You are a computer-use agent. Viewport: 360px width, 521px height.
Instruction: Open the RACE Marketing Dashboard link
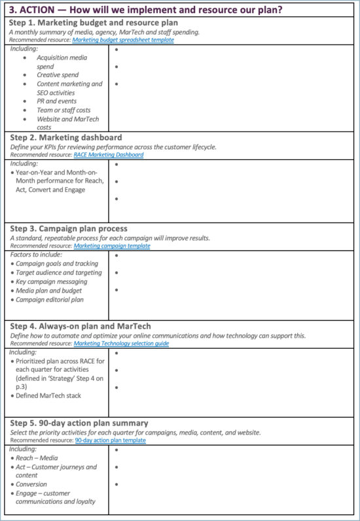(x=109, y=155)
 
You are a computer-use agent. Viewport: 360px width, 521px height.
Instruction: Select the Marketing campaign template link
(x=112, y=246)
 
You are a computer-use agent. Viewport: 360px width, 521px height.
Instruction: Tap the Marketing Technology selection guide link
(x=121, y=344)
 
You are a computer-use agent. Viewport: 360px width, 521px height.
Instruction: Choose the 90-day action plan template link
(x=110, y=440)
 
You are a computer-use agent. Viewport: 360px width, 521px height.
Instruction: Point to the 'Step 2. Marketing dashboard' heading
(x=65, y=138)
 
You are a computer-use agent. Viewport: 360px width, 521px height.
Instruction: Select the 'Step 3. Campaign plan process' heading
(x=68, y=229)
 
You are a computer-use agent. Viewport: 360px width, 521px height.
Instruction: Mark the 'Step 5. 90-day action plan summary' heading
(x=79, y=423)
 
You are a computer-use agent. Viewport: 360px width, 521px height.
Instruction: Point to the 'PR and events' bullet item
(x=57, y=101)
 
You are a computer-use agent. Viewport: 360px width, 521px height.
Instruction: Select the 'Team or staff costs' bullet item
(x=63, y=111)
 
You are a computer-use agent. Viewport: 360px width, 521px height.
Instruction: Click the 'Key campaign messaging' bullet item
(x=51, y=281)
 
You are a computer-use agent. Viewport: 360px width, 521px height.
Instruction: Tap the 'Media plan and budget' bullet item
(x=48, y=291)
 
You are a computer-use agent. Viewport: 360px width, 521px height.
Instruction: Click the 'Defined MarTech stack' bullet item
(x=48, y=395)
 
